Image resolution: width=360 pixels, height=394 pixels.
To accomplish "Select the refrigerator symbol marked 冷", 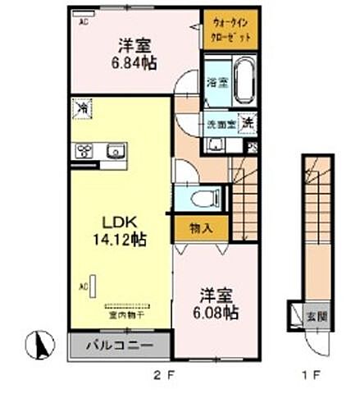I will tap(83, 107).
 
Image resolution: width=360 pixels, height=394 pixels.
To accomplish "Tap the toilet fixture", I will tap(206, 197).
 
